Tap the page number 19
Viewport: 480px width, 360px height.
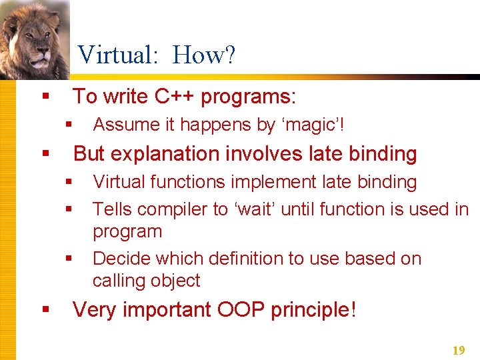point(459,350)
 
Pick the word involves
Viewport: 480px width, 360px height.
point(265,154)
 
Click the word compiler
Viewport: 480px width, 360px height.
point(175,209)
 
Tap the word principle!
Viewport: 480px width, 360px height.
point(314,309)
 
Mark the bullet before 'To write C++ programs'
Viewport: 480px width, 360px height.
point(45,97)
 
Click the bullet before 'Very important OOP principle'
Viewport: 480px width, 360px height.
point(45,310)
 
